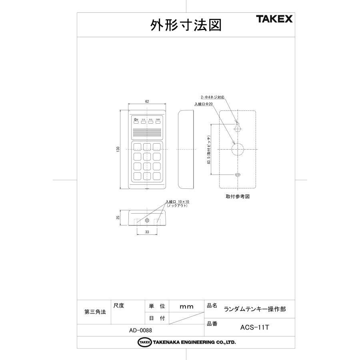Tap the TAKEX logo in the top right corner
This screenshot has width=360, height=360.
tap(274, 19)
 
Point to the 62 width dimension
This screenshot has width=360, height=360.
tap(147, 102)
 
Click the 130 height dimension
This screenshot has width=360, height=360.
tap(118, 149)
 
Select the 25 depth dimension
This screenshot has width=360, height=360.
tap(118, 218)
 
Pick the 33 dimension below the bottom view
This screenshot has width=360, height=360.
tap(147, 232)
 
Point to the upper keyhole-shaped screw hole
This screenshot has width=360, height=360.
tap(238, 128)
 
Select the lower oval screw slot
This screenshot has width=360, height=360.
tap(238, 175)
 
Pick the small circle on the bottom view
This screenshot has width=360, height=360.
tap(147, 220)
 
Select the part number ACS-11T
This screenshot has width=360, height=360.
tap(255, 327)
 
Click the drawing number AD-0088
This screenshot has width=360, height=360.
tap(140, 330)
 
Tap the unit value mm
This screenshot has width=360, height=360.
tap(186, 307)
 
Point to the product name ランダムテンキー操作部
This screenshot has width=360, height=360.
tap(255, 309)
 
